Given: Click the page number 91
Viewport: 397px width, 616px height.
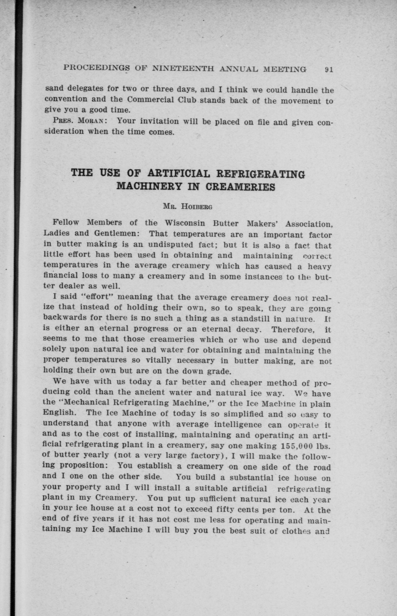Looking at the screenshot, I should [x=329, y=69].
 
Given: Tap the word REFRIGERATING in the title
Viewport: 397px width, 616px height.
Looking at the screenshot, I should [x=260, y=174].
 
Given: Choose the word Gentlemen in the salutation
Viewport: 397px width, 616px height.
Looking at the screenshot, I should [x=116, y=233].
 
